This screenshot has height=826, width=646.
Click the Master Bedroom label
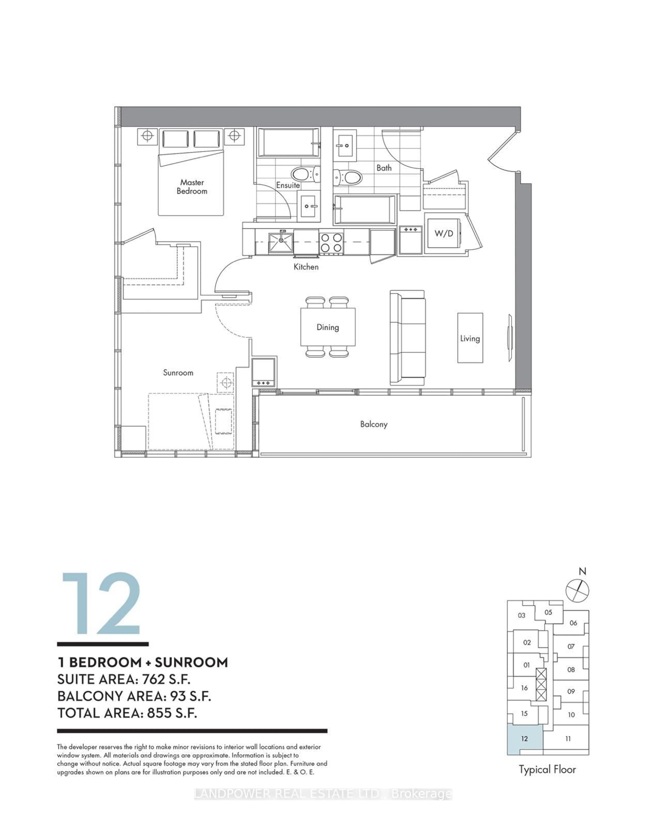click(x=192, y=187)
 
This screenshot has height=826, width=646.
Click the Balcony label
click(x=374, y=424)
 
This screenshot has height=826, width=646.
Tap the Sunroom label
click(x=178, y=373)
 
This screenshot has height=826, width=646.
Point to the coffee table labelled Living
click(x=470, y=338)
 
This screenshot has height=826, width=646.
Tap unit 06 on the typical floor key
click(x=573, y=623)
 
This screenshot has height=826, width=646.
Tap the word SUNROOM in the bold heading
click(x=191, y=662)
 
